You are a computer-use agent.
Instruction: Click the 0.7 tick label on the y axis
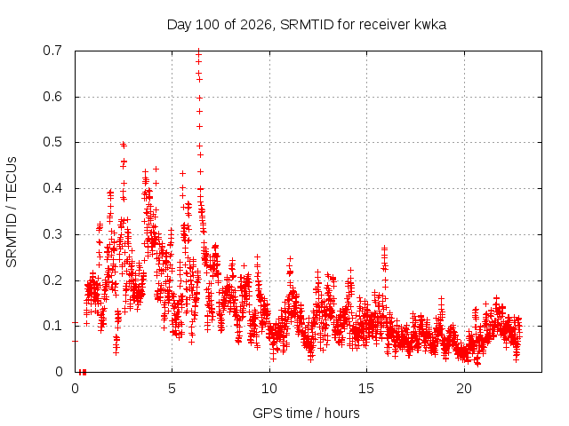[52, 51]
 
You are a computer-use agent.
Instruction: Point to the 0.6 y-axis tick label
[52, 97]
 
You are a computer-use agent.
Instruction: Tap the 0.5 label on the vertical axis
[52, 142]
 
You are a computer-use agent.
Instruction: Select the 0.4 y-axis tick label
[52, 188]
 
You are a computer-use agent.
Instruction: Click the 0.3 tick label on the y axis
[52, 234]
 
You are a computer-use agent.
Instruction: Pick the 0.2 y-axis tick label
[52, 280]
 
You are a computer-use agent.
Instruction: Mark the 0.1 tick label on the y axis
[52, 326]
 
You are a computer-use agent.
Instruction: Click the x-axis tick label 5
[172, 389]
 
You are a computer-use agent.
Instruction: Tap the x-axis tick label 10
[269, 389]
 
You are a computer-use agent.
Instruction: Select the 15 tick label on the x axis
[366, 389]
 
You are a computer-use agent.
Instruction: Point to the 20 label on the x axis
[464, 389]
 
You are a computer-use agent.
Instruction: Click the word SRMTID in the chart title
[307, 25]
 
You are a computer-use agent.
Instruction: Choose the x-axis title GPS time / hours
[306, 414]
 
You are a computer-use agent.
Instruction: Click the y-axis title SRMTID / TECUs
[12, 212]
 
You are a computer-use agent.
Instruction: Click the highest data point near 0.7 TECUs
[198, 51]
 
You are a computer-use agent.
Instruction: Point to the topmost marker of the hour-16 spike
[384, 248]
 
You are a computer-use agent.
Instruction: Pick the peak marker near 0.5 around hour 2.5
[123, 145]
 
